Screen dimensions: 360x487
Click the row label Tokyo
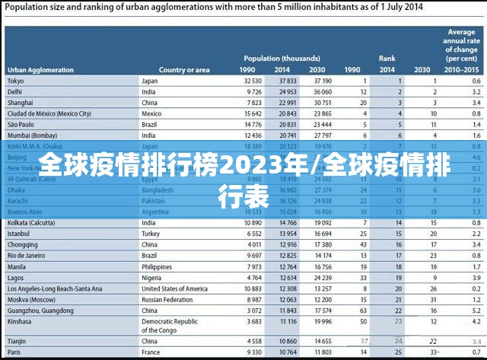tap(15, 81)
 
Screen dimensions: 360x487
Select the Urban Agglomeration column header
tap(40, 70)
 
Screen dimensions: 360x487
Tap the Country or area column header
tap(184, 70)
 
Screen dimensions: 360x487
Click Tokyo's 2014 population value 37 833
tap(287, 81)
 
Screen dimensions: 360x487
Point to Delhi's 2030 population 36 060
tap(321, 91)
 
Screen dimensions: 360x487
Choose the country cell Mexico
tap(152, 113)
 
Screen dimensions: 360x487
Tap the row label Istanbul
tap(19, 234)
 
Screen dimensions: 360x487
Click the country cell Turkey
tap(151, 234)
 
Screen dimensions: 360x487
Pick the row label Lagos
tap(16, 278)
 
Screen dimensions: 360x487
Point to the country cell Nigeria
tap(151, 278)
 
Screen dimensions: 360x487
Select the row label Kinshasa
tap(21, 322)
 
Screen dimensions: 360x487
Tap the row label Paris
tap(14, 352)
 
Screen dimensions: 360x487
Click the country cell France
tap(151, 352)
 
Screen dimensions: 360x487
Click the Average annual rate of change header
tap(461, 46)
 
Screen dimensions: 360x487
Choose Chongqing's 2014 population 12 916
tap(287, 245)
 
